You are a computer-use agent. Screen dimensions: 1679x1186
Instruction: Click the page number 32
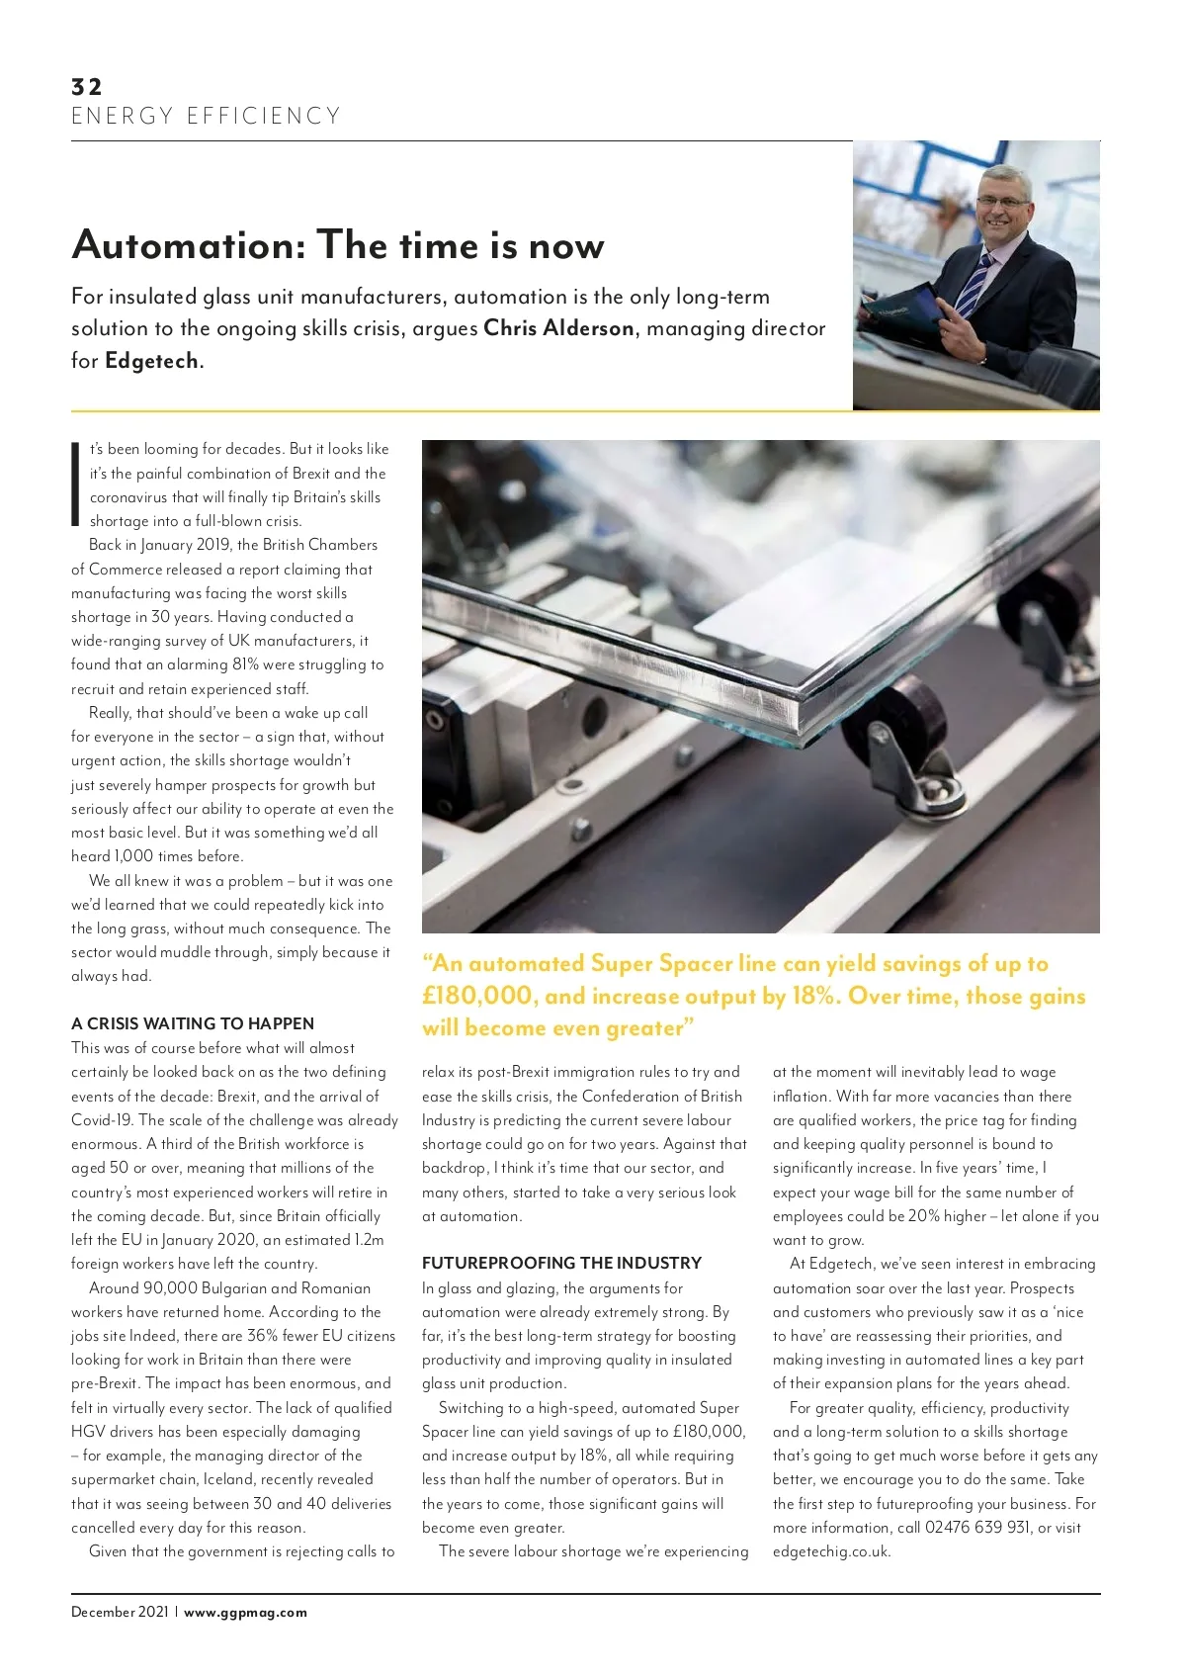(86, 86)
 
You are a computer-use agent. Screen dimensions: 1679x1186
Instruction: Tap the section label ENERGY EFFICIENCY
(206, 117)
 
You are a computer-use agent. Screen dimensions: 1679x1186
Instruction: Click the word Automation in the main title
(189, 245)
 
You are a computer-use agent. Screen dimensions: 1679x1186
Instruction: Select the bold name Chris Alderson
(558, 328)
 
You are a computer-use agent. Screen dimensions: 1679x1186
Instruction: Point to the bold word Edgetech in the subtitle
(152, 361)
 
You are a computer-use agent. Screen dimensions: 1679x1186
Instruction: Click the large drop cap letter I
(75, 484)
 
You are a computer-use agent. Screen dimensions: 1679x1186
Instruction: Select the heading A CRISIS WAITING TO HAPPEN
(193, 1023)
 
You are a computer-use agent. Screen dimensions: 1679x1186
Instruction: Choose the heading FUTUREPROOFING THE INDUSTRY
(561, 1263)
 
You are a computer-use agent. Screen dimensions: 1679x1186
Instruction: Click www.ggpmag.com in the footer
(245, 1612)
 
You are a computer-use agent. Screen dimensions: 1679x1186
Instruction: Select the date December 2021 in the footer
(120, 1612)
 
